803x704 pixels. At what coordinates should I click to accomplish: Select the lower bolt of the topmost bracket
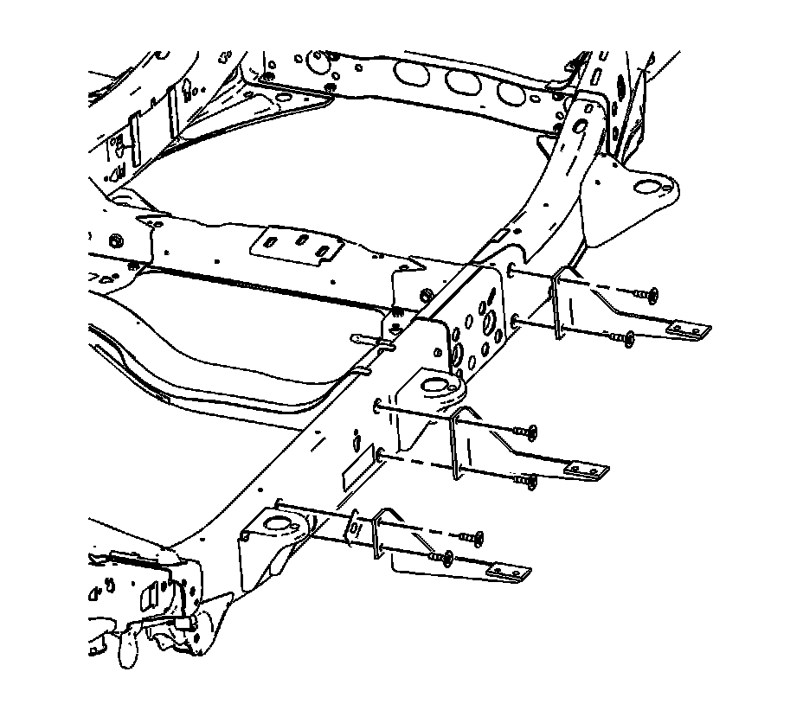(625, 339)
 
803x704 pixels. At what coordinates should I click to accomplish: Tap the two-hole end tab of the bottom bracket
(508, 572)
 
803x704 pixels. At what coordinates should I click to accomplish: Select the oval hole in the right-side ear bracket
(649, 186)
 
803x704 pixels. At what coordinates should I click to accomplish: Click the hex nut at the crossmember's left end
(115, 240)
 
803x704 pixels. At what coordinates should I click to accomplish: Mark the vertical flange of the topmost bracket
(558, 303)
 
